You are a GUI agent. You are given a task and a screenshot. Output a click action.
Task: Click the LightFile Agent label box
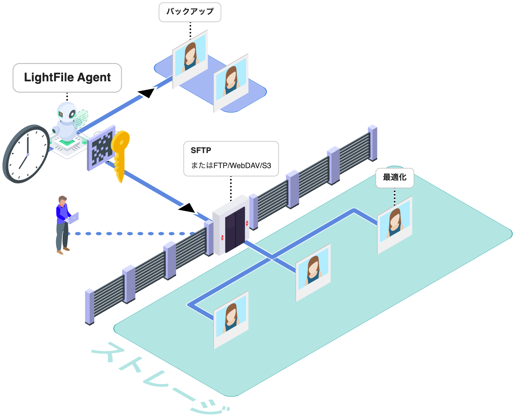pyautogui.click(x=67, y=78)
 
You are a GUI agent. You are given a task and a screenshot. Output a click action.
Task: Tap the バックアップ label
pyautogui.click(x=190, y=12)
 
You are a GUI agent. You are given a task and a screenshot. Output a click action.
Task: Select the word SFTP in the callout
pyautogui.click(x=201, y=150)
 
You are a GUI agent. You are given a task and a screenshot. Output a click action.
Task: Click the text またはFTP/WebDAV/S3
pyautogui.click(x=231, y=166)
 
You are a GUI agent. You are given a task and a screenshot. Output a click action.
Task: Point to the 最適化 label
pyautogui.click(x=394, y=177)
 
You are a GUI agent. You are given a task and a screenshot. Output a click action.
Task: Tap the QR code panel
pyautogui.click(x=101, y=148)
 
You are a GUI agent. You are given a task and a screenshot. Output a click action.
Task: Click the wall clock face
pyautogui.click(x=27, y=154)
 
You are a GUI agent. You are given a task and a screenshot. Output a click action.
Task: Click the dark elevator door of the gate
pyautogui.click(x=235, y=230)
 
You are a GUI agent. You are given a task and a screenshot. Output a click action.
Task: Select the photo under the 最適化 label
pyautogui.click(x=395, y=224)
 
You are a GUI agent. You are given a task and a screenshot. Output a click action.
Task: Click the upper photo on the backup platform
pyautogui.click(x=190, y=58)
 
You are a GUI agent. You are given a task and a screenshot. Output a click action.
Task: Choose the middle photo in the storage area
pyautogui.click(x=313, y=272)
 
